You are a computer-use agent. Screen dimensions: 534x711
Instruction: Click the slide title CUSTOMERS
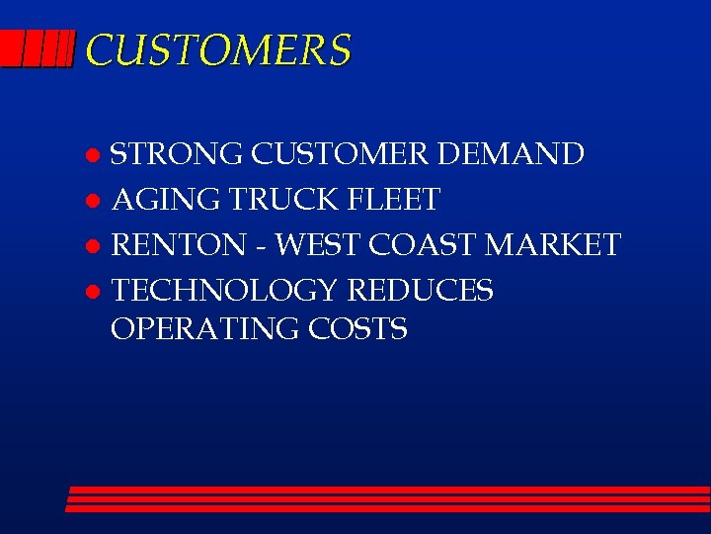click(217, 49)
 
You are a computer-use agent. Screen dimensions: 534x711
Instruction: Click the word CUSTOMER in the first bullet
click(341, 155)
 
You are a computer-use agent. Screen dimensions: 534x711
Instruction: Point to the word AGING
click(166, 200)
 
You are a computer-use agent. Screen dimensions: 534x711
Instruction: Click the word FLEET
click(394, 200)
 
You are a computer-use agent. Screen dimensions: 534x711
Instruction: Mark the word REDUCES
click(420, 290)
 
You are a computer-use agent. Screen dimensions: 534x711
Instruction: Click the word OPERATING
click(205, 329)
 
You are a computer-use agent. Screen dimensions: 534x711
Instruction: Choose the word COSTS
click(358, 329)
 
